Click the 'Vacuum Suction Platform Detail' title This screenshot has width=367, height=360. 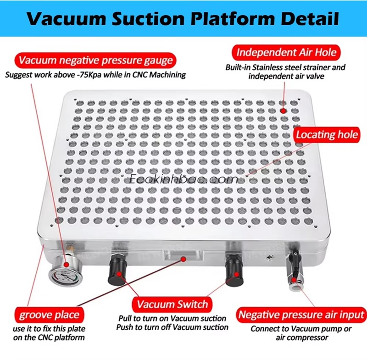[183, 18]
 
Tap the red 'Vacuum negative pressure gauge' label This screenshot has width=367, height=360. [96, 61]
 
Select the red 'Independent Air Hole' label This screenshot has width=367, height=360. [286, 52]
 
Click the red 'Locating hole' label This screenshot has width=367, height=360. [327, 135]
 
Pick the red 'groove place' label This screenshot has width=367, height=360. [49, 315]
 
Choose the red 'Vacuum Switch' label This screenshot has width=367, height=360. [172, 305]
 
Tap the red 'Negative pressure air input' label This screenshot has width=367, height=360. [301, 315]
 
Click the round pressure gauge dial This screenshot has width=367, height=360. [66, 274]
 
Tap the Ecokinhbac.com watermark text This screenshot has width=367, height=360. [183, 179]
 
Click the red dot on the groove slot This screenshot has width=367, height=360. [184, 259]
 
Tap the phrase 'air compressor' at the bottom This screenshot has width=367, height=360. [302, 338]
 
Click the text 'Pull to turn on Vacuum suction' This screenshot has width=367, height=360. [172, 319]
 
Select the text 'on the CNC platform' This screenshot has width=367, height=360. [49, 338]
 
